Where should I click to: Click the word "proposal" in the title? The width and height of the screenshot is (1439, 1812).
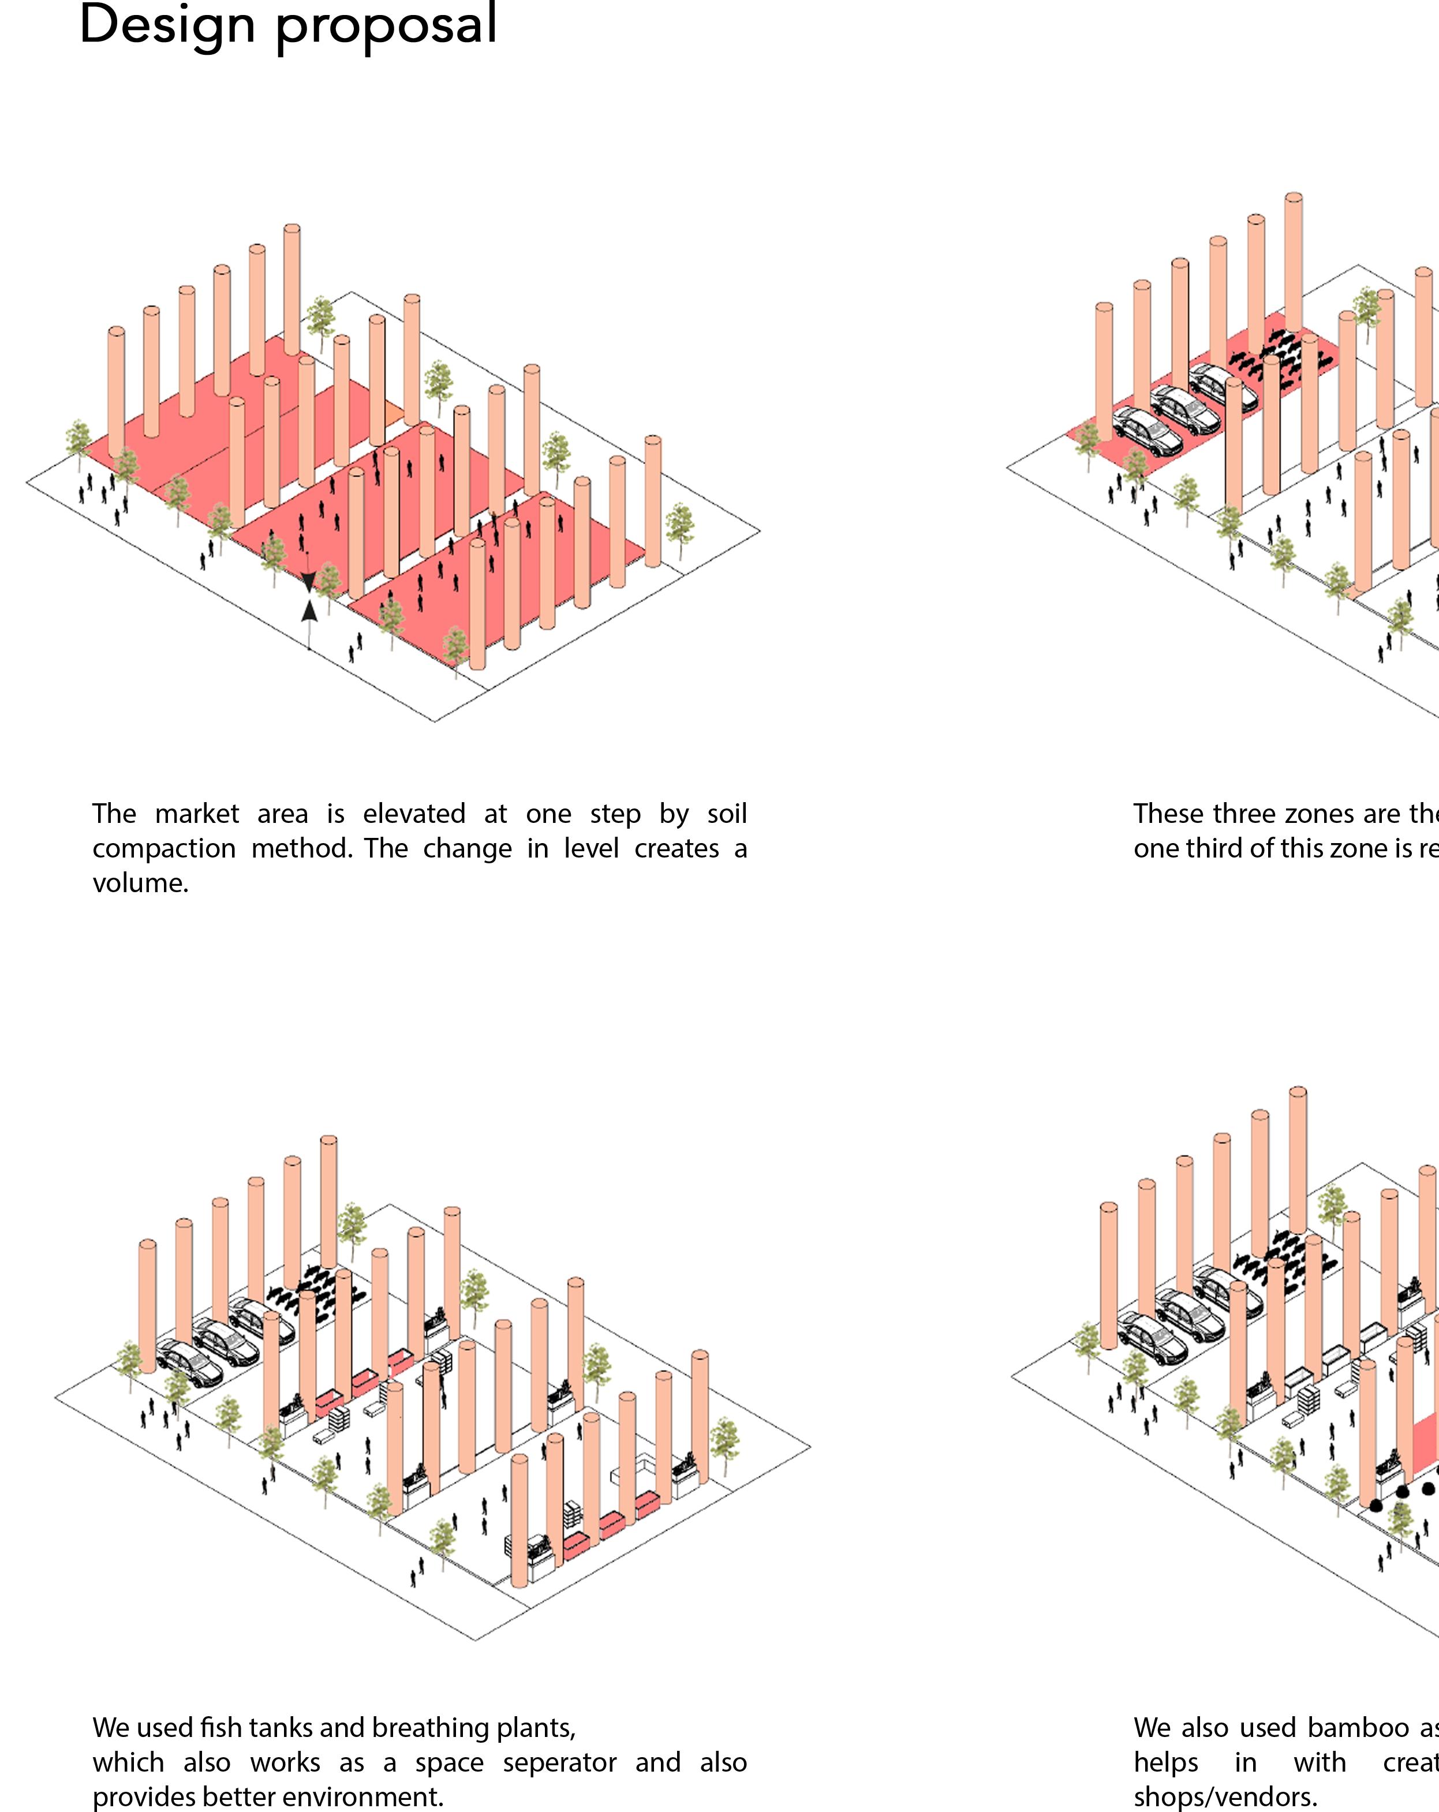[387, 27]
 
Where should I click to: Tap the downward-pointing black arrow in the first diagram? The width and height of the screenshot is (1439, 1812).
[308, 581]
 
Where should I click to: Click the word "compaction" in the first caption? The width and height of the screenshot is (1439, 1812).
[164, 849]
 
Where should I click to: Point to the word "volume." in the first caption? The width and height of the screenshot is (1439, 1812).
[140, 883]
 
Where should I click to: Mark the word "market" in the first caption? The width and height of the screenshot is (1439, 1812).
[197, 814]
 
